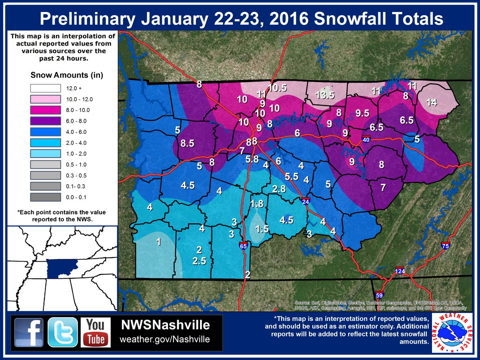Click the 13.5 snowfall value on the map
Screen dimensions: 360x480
click(x=324, y=95)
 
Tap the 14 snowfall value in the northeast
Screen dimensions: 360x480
click(x=431, y=102)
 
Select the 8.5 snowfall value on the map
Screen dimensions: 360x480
click(x=187, y=144)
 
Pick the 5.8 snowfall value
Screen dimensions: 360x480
click(x=252, y=159)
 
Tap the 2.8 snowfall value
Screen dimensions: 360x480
click(x=279, y=189)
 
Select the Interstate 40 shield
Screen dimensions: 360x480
click(x=366, y=140)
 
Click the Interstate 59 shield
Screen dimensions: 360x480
click(x=379, y=295)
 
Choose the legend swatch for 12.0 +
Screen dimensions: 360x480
click(x=45, y=88)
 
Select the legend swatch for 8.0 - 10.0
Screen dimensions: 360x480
click(x=45, y=110)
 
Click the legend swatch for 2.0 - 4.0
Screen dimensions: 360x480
click(x=45, y=142)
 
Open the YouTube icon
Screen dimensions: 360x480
click(x=95, y=332)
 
